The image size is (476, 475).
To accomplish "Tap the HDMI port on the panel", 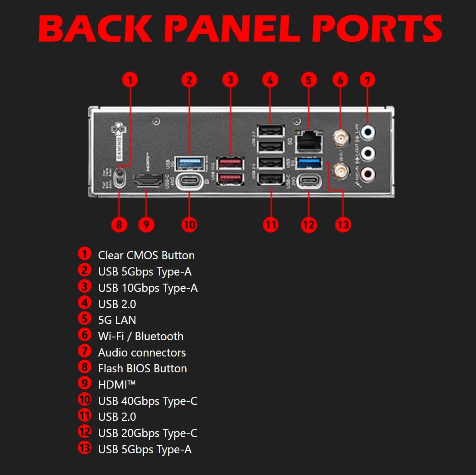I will (147, 181).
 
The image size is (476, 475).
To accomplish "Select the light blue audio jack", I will (370, 132).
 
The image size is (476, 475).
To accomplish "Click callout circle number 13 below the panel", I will (343, 224).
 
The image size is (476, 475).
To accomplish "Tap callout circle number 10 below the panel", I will (189, 224).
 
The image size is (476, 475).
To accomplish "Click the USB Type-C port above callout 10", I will (189, 182).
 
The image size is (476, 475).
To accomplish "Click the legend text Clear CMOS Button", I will (146, 255).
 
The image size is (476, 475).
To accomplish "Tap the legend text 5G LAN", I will (117, 320).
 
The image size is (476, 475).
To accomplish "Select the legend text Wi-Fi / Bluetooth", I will (140, 336).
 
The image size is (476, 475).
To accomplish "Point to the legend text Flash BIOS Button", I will (142, 368).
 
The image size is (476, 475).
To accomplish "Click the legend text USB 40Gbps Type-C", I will (148, 401).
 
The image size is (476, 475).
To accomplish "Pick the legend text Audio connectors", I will (142, 352).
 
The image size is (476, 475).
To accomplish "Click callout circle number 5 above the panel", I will (308, 80).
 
